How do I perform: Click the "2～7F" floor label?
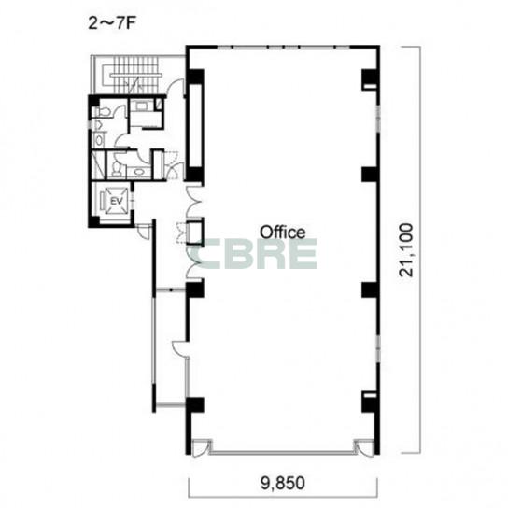tap(111, 23)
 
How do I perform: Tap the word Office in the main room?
tap(283, 233)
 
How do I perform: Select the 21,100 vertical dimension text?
tap(406, 250)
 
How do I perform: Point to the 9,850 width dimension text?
tap(283, 483)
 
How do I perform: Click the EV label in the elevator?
tap(117, 201)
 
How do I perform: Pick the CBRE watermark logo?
tap(254, 254)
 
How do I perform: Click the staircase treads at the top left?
tap(134, 75)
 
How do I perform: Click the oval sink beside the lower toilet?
tap(139, 172)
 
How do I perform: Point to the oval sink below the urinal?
tap(98, 140)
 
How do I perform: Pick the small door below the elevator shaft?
tap(144, 231)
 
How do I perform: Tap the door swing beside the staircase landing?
tap(176, 87)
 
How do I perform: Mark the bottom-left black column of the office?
tap(194, 404)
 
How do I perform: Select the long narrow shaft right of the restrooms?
tap(195, 126)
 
